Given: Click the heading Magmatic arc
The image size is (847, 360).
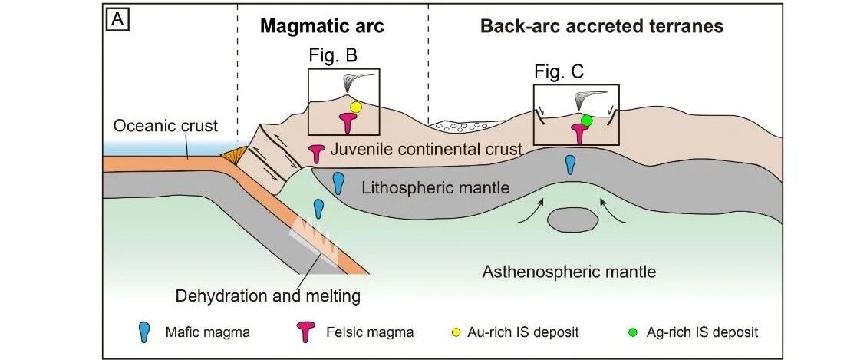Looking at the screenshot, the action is pos(322,27).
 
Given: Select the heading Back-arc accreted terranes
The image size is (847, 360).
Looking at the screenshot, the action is pos(601,27).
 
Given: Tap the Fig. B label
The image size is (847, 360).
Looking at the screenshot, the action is pos(334,55).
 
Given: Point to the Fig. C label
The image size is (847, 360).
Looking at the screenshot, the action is pos(559,71).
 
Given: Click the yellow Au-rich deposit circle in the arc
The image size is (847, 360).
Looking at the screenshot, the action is pos(355,107).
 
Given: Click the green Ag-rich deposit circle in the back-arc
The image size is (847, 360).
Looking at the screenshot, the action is pos(587,120).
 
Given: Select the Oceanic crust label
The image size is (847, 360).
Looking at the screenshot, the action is pos(165,126).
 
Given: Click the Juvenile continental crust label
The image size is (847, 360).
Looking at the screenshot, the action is pos(426,149).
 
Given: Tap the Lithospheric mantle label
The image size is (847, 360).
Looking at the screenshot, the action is pos(436,187).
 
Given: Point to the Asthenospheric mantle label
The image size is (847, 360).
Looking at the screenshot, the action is pos(569,271).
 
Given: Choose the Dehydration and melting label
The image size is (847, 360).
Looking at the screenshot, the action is pos(268,296).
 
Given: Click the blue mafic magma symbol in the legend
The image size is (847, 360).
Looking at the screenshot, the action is pos(143,332).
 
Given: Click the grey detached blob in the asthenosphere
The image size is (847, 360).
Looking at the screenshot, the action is pos(572,220).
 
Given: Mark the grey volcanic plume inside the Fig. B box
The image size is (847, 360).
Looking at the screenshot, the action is pos(358,81).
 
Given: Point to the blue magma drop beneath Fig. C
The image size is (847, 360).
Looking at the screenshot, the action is pos(570,164).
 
